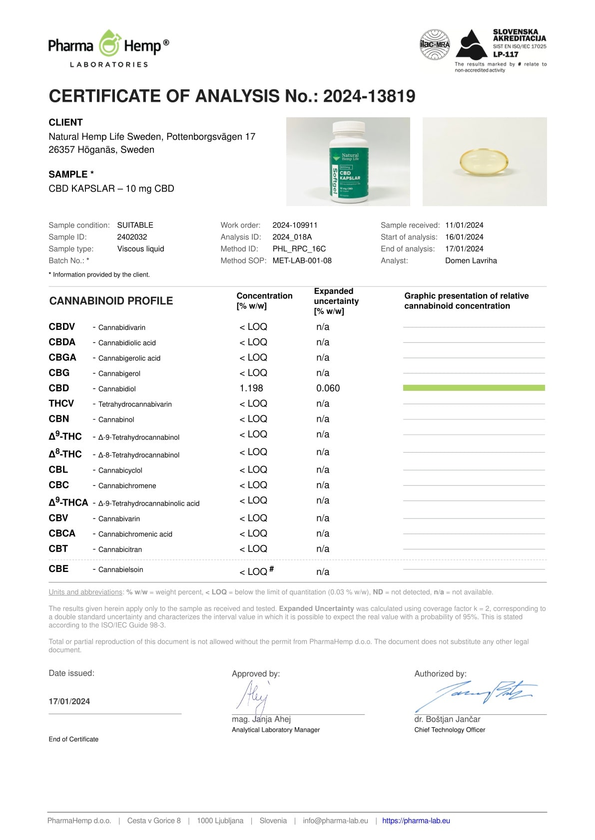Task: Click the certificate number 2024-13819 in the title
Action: tap(369, 96)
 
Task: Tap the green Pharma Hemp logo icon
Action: tap(108, 44)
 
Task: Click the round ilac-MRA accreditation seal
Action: tap(434, 44)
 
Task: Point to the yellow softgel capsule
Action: tap(485, 162)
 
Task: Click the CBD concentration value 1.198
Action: tap(251, 388)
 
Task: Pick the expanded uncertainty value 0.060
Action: tap(328, 388)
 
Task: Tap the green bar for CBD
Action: tap(474, 388)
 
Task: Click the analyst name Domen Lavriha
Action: tap(471, 261)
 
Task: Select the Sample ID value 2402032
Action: tap(132, 237)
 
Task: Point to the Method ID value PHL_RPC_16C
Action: tap(299, 249)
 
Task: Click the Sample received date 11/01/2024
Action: tap(464, 225)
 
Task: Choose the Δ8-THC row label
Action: tap(65, 454)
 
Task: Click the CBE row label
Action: tap(58, 569)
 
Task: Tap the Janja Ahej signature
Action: tap(254, 696)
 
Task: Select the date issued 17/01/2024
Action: tap(69, 701)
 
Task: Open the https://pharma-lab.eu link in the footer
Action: tap(416, 821)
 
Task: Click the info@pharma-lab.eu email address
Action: tap(335, 821)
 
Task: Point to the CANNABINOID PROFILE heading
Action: tap(111, 301)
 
